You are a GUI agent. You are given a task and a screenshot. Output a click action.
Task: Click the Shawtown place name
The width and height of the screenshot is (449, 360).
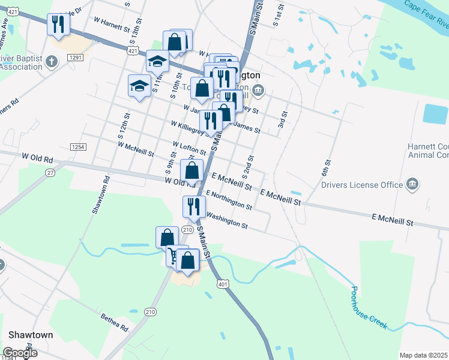pos(31,335)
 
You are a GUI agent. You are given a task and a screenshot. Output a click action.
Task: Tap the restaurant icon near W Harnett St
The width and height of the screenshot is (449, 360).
pos(58,25)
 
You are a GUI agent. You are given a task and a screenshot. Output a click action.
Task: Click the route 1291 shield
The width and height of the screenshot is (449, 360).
pos(75,58)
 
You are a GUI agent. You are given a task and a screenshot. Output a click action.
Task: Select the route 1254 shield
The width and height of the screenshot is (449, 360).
pos(77,146)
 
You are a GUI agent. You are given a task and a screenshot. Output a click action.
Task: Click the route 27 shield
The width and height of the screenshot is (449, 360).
pos(50,172)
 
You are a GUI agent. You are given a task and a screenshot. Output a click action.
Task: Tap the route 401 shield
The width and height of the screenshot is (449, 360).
pos(223,284)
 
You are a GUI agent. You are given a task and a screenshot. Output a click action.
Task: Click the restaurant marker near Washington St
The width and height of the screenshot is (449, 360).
pos(194,207)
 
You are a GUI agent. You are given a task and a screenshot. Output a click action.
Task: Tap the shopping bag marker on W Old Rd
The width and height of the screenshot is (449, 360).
pos(191,172)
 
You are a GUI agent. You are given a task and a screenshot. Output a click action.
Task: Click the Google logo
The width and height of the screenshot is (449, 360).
pos(20,353)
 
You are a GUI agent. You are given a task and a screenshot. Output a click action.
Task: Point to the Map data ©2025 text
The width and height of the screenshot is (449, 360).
pos(423,355)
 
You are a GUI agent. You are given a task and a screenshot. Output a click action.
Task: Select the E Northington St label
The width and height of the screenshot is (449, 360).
pos(229,200)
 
